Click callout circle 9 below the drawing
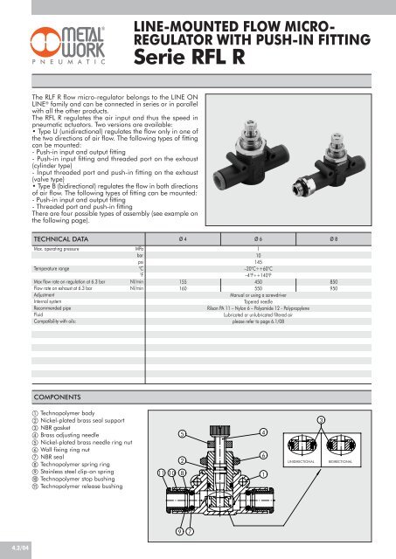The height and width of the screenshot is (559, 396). [179, 531]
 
